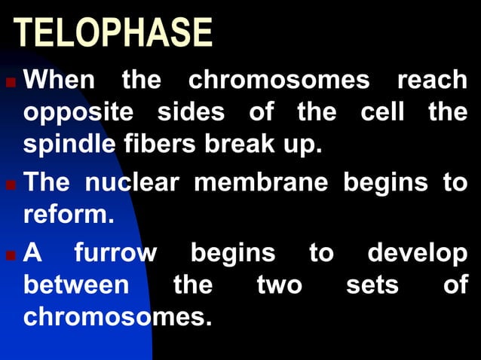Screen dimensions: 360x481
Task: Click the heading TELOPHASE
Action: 114,34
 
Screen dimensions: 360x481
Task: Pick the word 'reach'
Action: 432,79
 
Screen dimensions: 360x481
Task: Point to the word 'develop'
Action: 417,254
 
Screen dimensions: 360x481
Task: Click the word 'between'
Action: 76,286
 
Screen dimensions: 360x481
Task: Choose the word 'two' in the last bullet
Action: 280,286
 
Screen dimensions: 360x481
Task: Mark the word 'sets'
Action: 372,286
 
